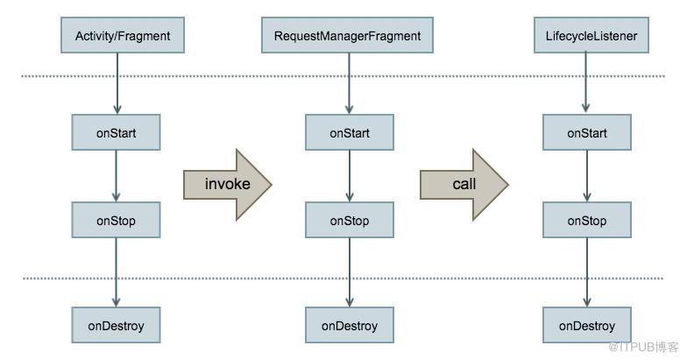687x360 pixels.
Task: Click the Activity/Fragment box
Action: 123,35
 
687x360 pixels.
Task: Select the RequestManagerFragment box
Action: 347,35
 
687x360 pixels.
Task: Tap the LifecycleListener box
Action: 591,35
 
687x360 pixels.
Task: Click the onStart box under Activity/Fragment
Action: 116,132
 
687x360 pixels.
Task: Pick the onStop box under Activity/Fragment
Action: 116,220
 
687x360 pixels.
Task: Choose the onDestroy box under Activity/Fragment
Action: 116,325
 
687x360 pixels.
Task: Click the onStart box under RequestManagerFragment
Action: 349,132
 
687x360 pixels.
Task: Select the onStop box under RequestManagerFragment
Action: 349,220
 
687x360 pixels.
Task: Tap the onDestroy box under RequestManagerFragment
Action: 349,325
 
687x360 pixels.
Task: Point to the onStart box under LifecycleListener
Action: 587,132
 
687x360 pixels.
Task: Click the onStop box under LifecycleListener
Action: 587,220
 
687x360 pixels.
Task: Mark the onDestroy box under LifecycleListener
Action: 587,325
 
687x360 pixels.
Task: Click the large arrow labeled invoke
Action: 228,184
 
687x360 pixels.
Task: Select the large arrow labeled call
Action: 464,184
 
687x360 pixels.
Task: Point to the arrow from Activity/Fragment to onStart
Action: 117,83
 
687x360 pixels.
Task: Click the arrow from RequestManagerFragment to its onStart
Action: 349,83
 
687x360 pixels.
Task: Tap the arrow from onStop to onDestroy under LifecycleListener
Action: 587,272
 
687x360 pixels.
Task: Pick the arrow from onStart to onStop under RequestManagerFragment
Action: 349,176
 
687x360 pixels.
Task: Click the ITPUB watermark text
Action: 643,347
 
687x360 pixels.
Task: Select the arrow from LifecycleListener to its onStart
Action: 585,82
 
